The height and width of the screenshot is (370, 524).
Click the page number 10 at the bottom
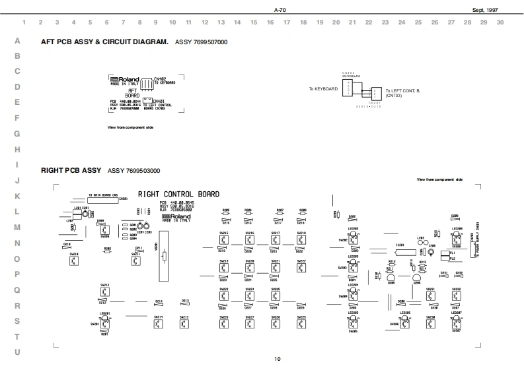pos(278,359)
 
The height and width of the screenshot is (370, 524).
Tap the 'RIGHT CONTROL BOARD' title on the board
pos(178,194)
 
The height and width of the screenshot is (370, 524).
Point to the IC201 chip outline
pos(399,251)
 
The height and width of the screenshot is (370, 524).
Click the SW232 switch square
pos(456,296)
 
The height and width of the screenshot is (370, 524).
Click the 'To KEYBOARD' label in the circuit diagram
pos(323,88)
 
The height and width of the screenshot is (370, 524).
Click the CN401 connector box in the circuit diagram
pos(376,93)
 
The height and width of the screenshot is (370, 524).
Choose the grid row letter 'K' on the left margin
pos(17,196)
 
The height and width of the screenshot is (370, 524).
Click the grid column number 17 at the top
pos(287,22)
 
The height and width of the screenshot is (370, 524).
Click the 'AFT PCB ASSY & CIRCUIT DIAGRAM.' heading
pos(104,42)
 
